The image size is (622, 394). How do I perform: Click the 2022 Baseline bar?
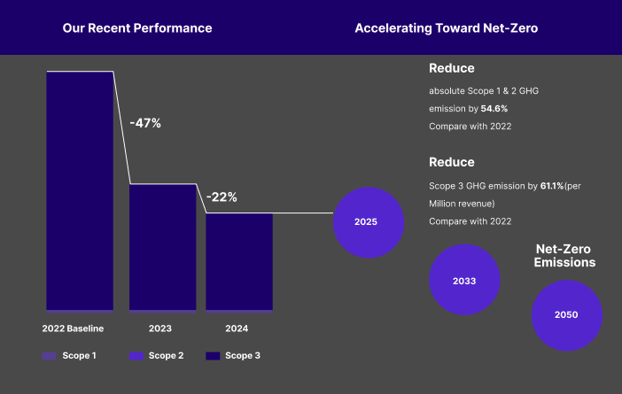pos(80,190)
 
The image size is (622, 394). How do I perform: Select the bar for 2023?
pos(162,247)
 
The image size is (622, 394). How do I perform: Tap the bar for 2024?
pos(239,262)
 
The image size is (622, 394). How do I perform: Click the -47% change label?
pos(145,123)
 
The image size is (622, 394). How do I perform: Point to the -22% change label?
pos(222,197)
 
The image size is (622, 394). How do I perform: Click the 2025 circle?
pos(366,222)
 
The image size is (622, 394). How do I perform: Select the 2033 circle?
pos(464,281)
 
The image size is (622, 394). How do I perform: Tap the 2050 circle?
pos(566,315)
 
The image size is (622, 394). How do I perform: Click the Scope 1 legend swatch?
pos(49,356)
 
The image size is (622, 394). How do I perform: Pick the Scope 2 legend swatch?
pos(136,356)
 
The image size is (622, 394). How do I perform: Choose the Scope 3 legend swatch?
pos(213,356)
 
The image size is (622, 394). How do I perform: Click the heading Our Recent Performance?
pos(137,27)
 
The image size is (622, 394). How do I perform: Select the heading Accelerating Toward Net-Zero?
pos(447,27)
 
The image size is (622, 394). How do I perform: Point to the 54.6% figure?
pos(494,108)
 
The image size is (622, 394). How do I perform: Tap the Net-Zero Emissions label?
pos(564,256)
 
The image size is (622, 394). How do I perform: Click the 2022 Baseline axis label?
pos(74,328)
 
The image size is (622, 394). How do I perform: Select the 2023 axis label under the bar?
pos(160,328)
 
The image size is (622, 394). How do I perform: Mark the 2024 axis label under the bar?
pos(237,328)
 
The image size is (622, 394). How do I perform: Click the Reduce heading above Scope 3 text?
pos(452,162)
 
